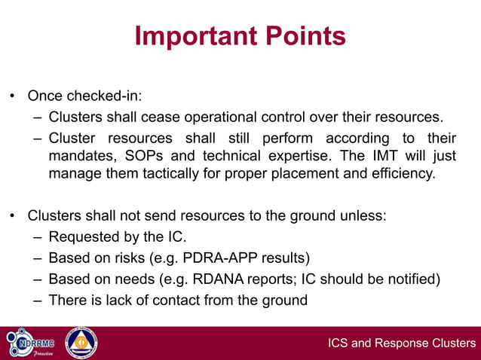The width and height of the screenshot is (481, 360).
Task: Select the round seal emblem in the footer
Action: pyautogui.click(x=81, y=343)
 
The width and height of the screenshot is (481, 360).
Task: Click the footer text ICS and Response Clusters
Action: pyautogui.click(x=402, y=344)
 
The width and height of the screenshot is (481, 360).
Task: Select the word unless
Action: pyautogui.click(x=366, y=215)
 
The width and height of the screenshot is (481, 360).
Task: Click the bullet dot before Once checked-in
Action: pyautogui.click(x=12, y=97)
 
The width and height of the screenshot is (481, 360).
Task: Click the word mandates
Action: pyautogui.click(x=78, y=157)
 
